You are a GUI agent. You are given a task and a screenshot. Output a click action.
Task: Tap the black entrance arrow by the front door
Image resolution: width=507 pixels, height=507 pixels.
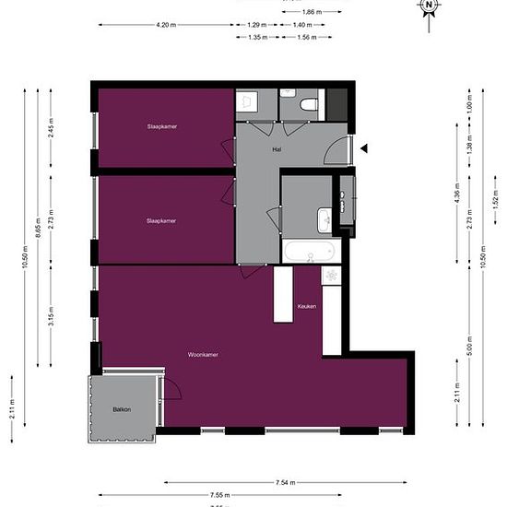coord(364,147)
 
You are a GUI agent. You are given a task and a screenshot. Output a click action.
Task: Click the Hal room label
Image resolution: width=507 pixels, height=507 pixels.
coord(276,148)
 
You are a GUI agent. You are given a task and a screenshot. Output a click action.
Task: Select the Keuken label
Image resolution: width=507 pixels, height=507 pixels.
coord(307,306)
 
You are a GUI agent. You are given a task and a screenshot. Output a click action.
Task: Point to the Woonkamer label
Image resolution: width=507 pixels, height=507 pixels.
coord(203,354)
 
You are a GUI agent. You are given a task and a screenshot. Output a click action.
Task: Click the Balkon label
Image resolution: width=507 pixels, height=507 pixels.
coord(122,408)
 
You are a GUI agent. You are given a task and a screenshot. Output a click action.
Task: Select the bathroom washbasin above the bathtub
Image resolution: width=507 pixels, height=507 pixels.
coord(325,219)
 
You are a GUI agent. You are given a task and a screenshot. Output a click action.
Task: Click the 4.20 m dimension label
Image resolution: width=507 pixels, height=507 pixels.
coord(167,24)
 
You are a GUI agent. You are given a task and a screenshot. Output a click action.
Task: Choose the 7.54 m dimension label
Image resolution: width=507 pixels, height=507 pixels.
coord(285,481)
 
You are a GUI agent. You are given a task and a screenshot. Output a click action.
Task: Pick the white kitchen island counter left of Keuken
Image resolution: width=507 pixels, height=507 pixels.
coord(283,294)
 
